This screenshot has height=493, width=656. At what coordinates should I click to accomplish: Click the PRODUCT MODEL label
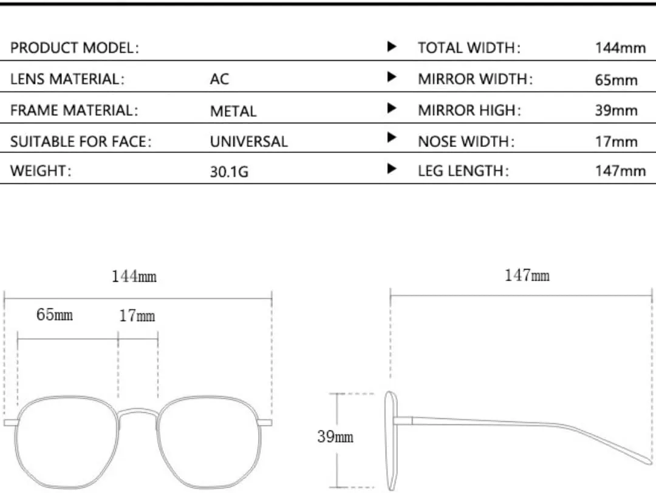(75, 48)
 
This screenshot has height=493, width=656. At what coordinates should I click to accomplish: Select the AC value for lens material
(219, 79)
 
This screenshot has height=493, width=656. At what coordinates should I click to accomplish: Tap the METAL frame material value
(233, 111)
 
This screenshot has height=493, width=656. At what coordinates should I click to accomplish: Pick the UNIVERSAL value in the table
(249, 141)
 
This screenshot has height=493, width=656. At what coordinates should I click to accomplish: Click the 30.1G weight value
(229, 171)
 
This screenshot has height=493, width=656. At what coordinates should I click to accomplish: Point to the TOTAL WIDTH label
(469, 48)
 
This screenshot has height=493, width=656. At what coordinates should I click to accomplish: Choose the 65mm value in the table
(616, 80)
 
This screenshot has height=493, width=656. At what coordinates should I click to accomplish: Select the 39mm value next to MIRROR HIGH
(616, 110)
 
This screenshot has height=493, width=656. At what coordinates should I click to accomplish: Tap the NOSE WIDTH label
(466, 141)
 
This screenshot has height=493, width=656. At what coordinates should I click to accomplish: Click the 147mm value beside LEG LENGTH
(620, 171)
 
